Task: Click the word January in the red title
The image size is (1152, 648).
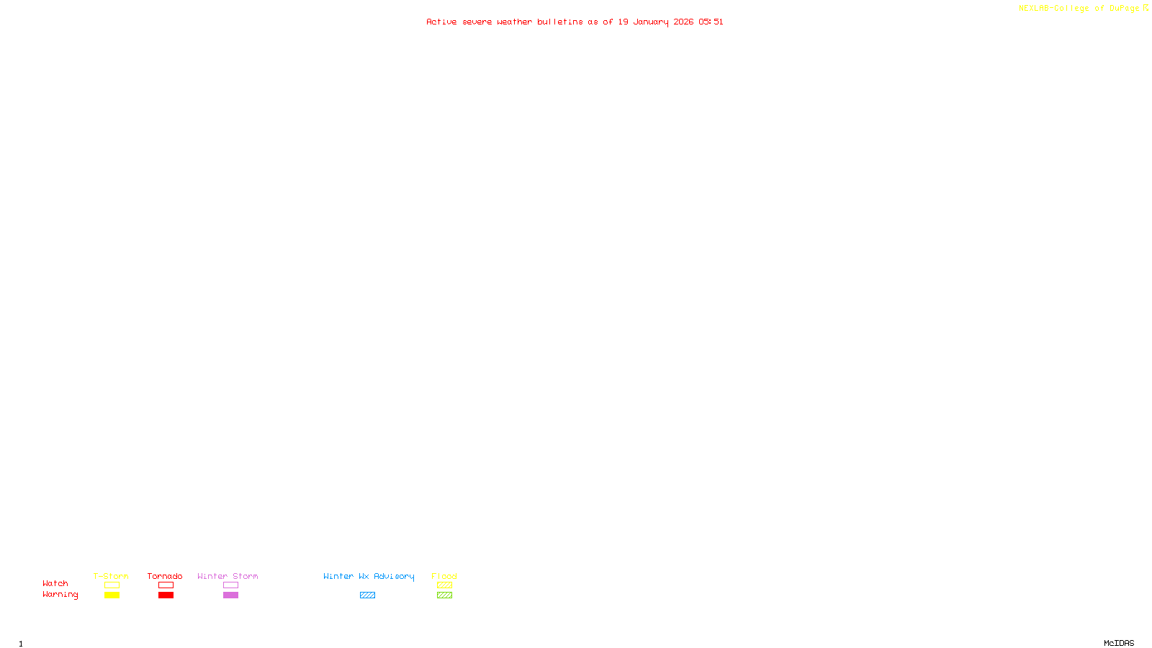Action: [651, 22]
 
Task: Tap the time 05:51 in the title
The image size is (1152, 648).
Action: [711, 22]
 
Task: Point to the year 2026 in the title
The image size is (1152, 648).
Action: [683, 22]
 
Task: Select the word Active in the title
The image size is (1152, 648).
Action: [441, 22]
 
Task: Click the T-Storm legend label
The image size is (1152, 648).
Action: [111, 576]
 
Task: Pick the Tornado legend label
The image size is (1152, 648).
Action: [165, 576]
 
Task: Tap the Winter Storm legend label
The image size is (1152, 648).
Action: [228, 576]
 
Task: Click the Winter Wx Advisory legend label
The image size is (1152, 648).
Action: [369, 576]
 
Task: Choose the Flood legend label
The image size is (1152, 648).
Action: [444, 576]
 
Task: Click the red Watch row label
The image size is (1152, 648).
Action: [55, 583]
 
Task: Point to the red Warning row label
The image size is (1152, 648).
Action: [60, 595]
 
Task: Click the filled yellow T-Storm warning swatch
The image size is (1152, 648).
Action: [112, 595]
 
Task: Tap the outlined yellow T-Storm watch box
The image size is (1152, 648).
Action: [112, 585]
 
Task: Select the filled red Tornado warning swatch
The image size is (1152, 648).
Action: [166, 595]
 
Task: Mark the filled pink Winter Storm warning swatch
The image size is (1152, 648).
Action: [230, 595]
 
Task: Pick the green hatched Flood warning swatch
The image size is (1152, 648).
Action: [444, 595]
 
